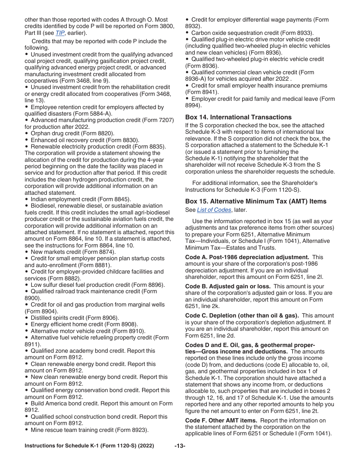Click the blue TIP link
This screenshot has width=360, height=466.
(60, 33)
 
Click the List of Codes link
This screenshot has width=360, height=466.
(214, 210)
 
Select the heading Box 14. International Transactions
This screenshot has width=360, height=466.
(238, 117)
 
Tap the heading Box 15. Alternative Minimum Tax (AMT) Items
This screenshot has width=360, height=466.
(256, 201)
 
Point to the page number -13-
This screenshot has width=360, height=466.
(180, 446)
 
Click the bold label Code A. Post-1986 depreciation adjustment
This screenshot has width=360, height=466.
(247, 257)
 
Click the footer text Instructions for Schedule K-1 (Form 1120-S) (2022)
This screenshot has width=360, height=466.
(89, 446)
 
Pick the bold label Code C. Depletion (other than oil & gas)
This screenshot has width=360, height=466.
(242, 316)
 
